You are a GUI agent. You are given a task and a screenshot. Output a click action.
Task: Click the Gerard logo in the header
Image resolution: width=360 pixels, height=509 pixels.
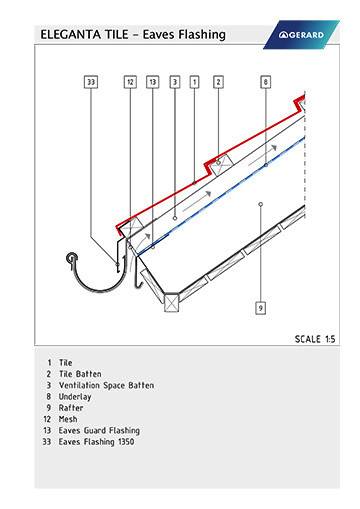[301, 35]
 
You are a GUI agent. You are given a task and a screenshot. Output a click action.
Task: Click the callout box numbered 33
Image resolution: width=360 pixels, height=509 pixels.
[91, 82]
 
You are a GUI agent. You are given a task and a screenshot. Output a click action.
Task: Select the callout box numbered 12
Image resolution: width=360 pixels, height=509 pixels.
[130, 82]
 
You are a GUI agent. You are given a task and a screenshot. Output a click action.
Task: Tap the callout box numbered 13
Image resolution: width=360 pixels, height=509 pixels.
[152, 82]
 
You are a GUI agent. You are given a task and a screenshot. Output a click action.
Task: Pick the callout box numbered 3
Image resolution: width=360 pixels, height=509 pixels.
[175, 82]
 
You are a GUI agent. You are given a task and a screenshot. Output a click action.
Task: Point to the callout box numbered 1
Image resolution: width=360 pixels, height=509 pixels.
[195, 82]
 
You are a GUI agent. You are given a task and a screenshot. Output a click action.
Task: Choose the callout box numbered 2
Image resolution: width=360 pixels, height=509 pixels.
[218, 82]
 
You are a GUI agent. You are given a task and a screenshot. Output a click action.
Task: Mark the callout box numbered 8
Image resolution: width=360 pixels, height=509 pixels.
[266, 82]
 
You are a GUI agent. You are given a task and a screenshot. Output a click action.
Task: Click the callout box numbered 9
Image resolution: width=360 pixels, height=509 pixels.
[261, 308]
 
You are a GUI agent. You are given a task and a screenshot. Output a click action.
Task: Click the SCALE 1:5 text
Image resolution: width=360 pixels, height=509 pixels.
[315, 339]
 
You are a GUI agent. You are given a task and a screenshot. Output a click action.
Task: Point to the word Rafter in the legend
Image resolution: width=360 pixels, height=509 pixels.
[71, 408]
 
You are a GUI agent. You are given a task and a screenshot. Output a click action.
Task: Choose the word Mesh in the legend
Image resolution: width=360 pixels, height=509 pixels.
[68, 419]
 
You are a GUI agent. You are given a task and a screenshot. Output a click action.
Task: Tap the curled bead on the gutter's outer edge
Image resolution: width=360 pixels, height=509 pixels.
[71, 258]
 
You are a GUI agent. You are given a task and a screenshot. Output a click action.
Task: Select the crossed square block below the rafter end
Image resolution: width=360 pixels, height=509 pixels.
[172, 303]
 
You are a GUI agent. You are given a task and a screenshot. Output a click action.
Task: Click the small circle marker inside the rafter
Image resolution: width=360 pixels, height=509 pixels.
[261, 204]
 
